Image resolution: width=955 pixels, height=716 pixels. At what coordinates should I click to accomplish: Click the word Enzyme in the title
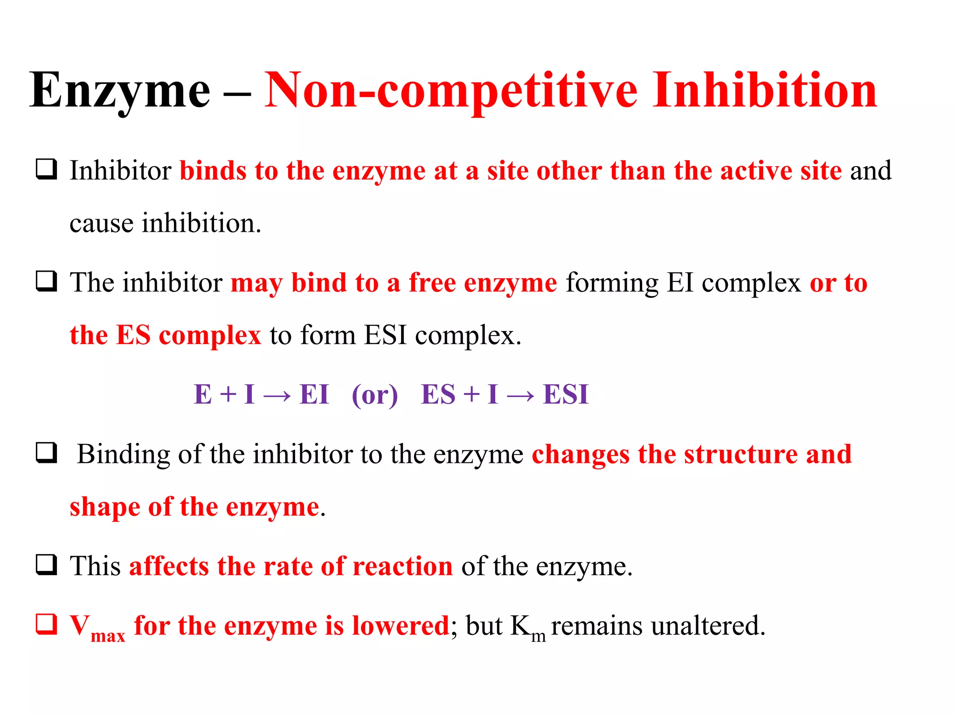(x=120, y=91)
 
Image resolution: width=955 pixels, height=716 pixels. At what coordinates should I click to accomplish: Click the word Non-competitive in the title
(x=450, y=91)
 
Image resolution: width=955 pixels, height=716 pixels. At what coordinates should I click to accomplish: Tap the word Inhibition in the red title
(x=764, y=91)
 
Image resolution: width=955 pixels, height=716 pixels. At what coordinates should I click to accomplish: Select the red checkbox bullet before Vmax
(x=47, y=624)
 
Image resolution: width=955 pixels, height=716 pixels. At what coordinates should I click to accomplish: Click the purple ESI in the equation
(x=566, y=394)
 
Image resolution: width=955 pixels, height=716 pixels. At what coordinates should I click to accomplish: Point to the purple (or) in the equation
(x=375, y=395)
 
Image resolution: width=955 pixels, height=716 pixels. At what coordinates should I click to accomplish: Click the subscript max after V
(x=108, y=636)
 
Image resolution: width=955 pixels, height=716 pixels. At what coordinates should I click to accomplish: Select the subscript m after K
(x=538, y=636)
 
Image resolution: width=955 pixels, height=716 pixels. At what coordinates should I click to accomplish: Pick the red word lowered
(x=401, y=626)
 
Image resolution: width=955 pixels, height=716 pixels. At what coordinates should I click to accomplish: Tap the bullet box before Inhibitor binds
(x=47, y=169)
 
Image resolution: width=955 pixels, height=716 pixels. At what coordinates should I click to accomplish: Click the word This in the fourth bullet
(x=95, y=566)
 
